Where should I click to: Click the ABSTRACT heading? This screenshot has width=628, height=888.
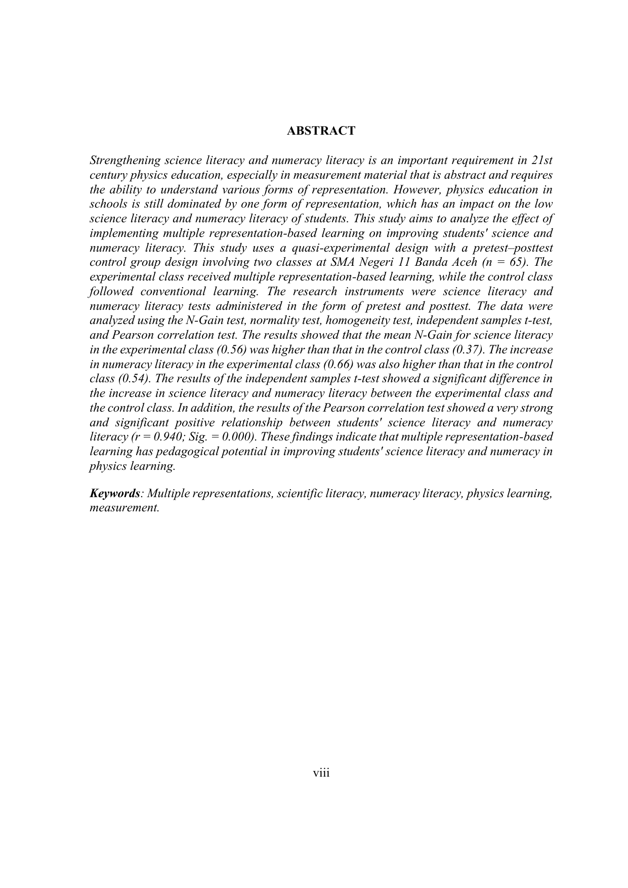321,131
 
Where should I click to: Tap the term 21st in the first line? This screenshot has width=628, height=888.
542,161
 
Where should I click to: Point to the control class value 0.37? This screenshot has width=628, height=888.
464,350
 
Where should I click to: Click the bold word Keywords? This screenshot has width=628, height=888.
114,494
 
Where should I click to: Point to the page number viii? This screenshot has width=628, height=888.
321,773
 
